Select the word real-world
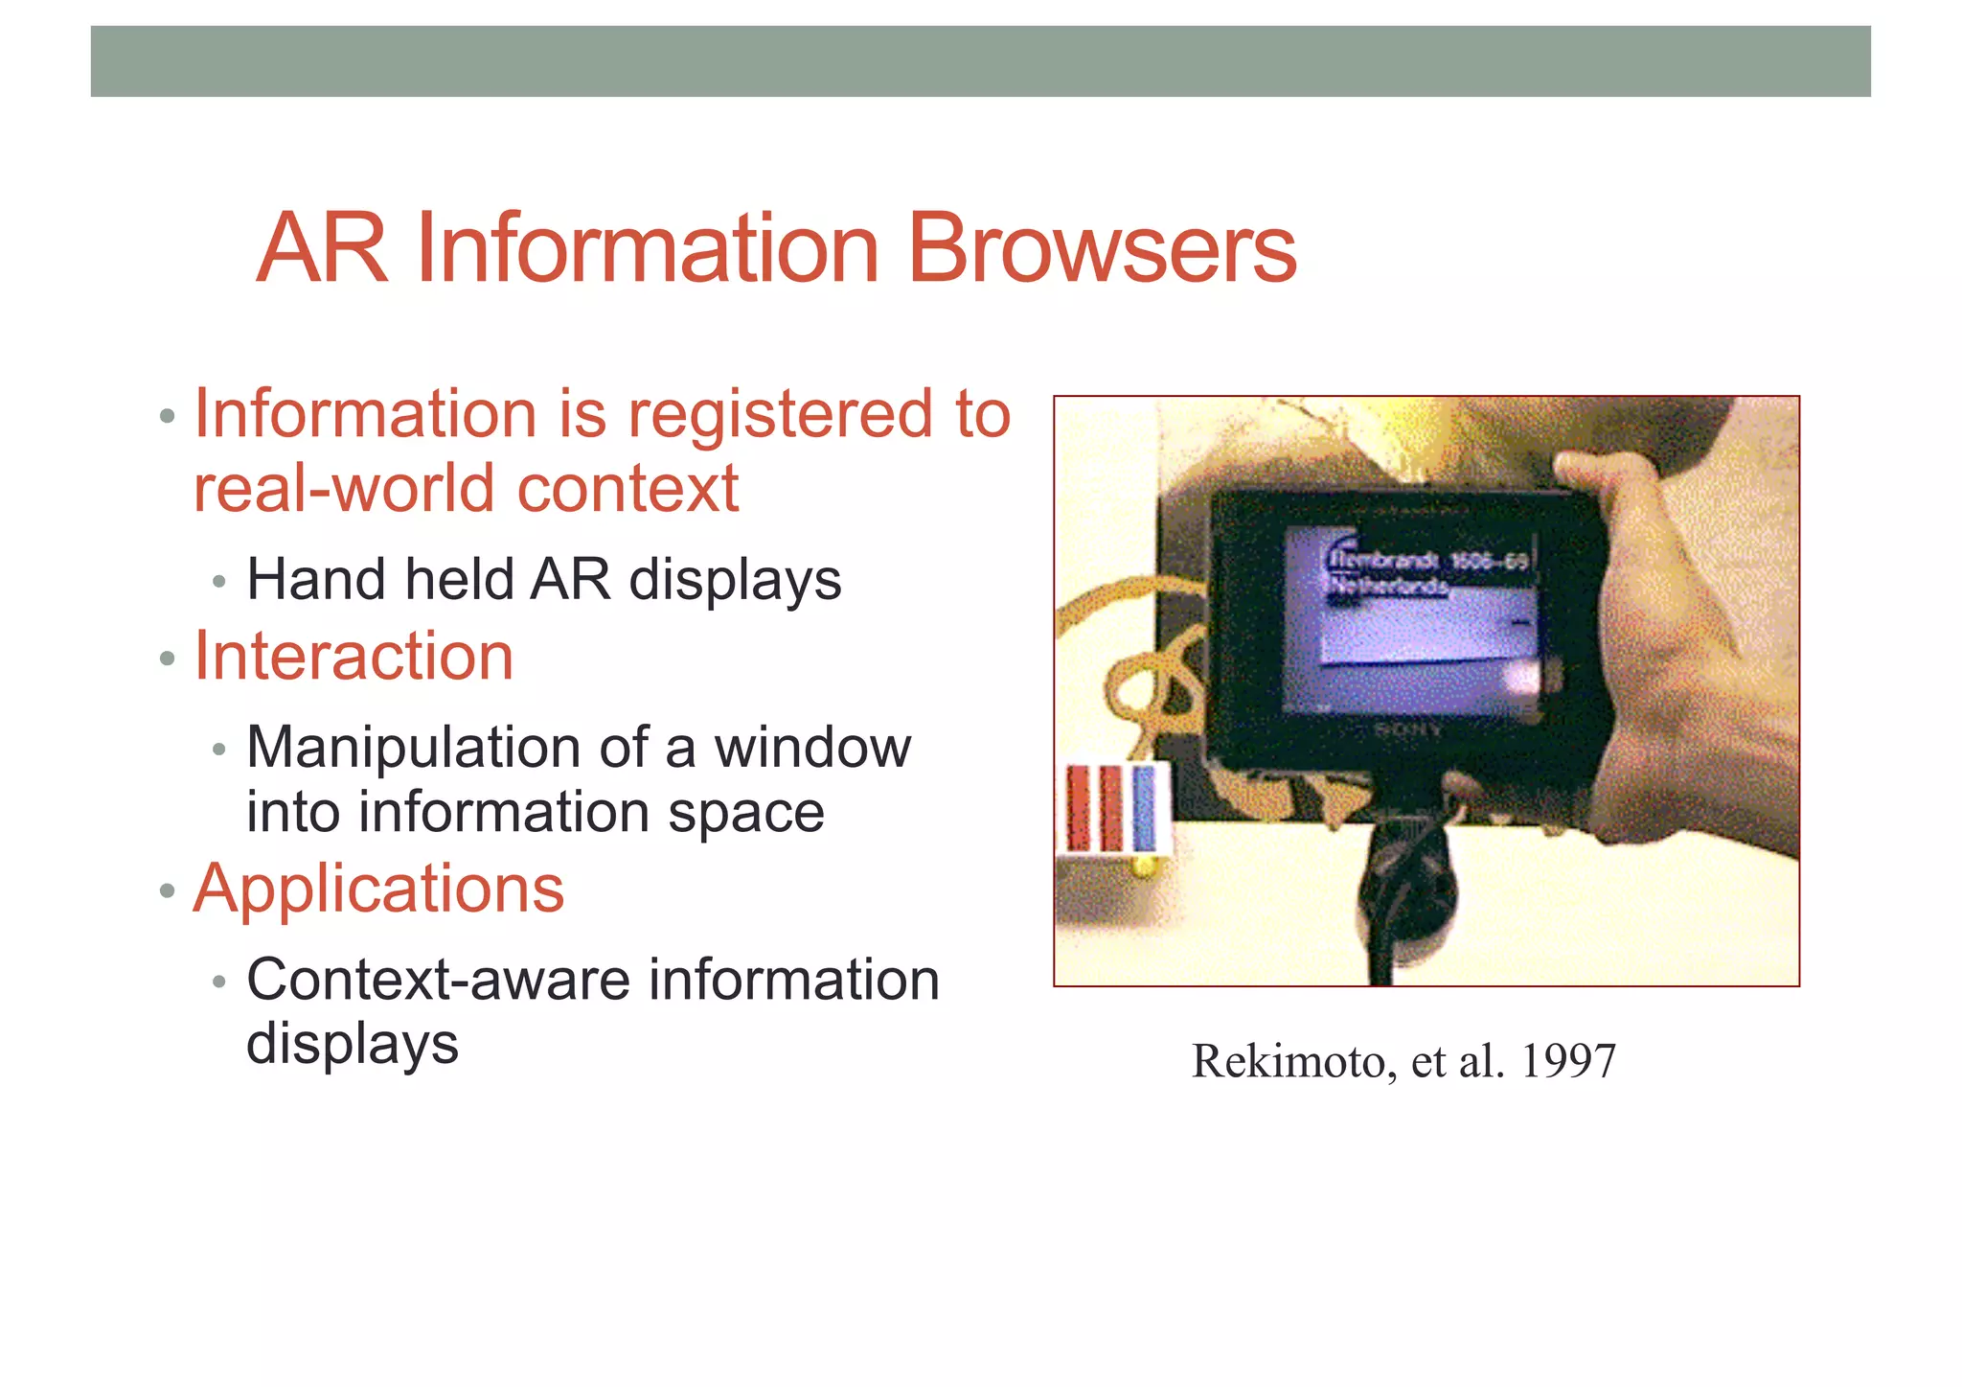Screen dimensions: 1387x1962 pyautogui.click(x=346, y=489)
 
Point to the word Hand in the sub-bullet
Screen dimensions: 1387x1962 pyautogui.click(x=315, y=580)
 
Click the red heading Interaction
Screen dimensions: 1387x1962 pyautogui.click(x=354, y=658)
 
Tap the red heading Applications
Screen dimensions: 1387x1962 pyautogui.click(x=378, y=890)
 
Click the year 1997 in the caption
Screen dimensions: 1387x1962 pyautogui.click(x=1568, y=1062)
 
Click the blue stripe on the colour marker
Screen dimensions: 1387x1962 pyautogui.click(x=1144, y=807)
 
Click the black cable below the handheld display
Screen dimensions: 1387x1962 pyautogui.click(x=1384, y=920)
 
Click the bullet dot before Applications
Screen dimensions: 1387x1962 pyautogui.click(x=168, y=891)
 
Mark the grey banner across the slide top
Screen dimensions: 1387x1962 pyautogui.click(x=980, y=61)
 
